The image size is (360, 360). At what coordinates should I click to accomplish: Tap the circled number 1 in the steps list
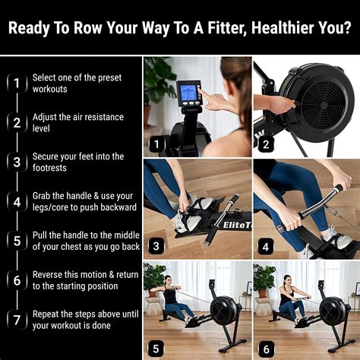(x=15, y=83)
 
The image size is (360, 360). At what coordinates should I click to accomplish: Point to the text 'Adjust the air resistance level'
(x=77, y=123)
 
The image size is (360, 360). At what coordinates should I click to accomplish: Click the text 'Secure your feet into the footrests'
(x=77, y=163)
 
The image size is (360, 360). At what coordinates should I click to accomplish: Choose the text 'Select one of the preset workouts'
(x=77, y=84)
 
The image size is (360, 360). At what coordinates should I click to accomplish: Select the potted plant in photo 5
(x=153, y=278)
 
